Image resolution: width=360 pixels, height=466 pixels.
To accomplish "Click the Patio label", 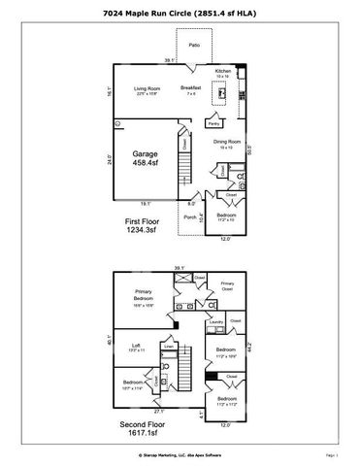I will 194,45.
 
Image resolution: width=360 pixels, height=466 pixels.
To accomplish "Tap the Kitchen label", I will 222,73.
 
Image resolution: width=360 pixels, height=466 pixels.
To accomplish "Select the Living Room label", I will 147,90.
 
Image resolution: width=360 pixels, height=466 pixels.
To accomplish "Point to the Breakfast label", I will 190,89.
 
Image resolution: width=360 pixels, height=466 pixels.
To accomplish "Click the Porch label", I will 189,217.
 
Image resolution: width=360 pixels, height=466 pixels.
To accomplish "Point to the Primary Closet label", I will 227,287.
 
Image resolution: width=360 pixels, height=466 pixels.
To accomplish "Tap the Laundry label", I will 216,322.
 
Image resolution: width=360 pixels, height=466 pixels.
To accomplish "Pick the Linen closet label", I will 169,345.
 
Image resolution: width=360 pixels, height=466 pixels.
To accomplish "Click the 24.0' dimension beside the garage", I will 109,160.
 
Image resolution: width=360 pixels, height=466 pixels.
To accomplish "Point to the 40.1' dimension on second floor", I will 109,340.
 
